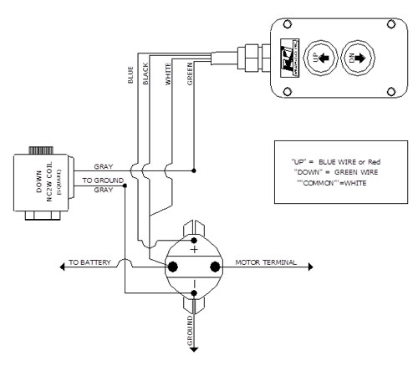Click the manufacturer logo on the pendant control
pos(288,49)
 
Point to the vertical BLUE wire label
pos(130,75)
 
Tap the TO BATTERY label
pos(87,260)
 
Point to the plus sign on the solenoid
pos(194,248)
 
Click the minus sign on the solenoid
pos(194,292)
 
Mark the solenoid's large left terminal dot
pos(174,267)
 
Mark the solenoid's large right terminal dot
pos(215,267)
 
